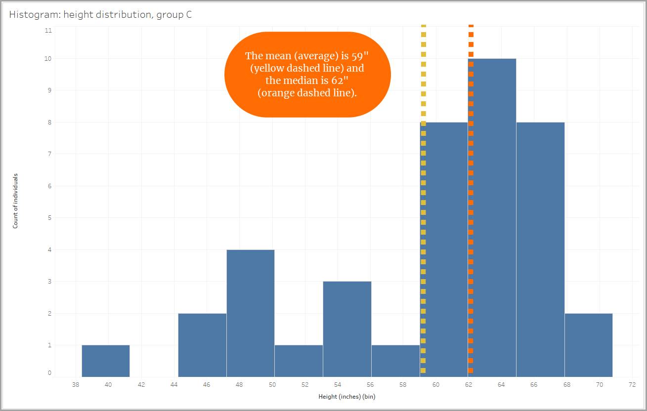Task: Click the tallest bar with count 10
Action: pos(492,217)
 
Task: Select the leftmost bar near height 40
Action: pos(106,361)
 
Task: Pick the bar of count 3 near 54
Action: pos(347,329)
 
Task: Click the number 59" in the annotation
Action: pos(353,56)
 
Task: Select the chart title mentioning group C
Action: pos(101,14)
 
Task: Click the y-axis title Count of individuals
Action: pos(15,201)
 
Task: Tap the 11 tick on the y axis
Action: pos(48,30)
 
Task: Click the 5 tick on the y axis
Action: pos(49,218)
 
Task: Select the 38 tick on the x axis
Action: pos(76,385)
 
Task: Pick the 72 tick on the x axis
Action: pos(632,385)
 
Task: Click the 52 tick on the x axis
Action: pos(305,385)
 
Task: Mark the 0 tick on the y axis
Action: pos(49,373)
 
